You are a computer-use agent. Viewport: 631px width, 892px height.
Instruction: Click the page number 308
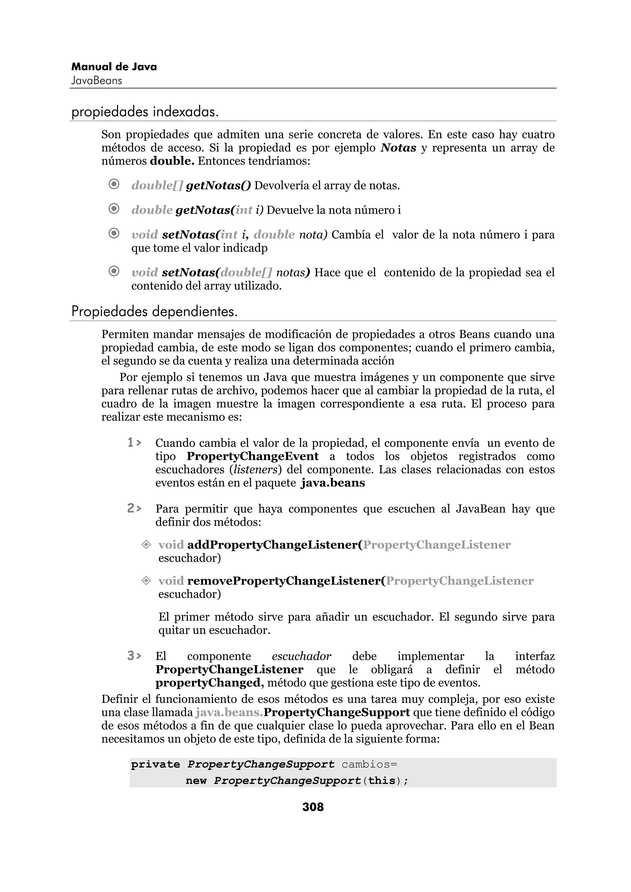[313, 807]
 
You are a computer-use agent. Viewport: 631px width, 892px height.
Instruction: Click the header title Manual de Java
[114, 67]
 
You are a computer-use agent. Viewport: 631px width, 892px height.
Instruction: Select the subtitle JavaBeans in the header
[96, 81]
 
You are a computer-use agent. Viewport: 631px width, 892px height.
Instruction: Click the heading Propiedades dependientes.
[154, 311]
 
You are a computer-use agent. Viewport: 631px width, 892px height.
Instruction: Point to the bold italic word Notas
[398, 148]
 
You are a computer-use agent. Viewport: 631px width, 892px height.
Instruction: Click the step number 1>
[134, 443]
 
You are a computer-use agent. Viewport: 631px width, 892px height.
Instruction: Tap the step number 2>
[134, 508]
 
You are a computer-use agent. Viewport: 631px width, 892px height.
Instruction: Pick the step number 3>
[134, 656]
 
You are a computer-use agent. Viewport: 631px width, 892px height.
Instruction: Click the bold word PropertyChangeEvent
[252, 456]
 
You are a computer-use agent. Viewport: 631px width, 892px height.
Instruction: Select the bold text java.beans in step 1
[333, 483]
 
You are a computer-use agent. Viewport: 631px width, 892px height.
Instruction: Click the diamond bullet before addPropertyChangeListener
[146, 545]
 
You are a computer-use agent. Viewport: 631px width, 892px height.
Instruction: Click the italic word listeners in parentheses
[255, 470]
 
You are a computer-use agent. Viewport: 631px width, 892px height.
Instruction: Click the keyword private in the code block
[155, 765]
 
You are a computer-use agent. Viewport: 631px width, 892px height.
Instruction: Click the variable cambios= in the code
[369, 765]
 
